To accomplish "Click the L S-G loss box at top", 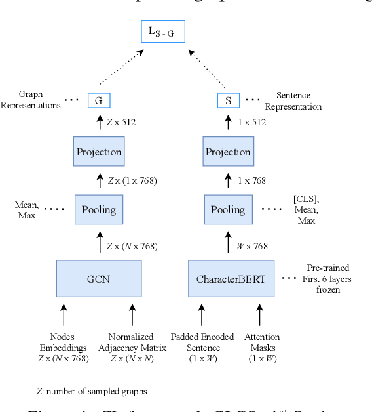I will point(163,31).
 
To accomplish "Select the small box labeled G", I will point(99,100).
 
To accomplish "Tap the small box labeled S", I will point(229,100).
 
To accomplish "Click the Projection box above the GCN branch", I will point(99,152).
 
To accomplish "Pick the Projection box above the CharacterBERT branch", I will point(229,152).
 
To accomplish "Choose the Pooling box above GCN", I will point(99,210).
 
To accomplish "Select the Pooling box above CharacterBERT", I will point(229,210).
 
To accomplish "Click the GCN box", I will point(99,279).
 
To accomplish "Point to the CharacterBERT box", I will point(231,279).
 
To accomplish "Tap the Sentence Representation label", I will point(299,101).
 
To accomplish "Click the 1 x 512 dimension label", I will point(252,121).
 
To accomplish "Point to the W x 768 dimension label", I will point(252,246).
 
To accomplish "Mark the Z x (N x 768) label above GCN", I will point(132,246).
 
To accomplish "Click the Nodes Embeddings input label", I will point(64,347).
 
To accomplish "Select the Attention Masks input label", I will point(263,347).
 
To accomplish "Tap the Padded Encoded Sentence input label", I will point(202,347).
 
